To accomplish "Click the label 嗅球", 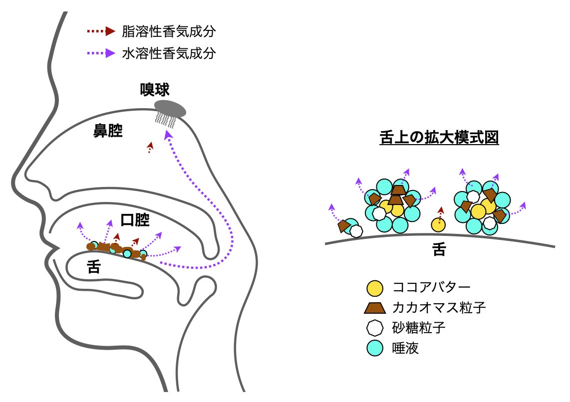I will click(155, 90).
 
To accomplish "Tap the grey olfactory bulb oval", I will click(170, 108).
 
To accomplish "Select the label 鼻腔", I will click(108, 132).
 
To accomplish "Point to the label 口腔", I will click(135, 220).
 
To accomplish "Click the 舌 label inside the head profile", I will click(94, 268).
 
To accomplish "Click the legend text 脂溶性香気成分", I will click(169, 32).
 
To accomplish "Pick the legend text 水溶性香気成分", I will click(169, 53).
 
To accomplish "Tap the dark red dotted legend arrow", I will click(101, 32).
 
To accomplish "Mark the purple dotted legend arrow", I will click(101, 53).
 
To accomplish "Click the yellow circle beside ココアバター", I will click(374, 288).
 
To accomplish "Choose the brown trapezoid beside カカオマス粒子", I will click(374, 308).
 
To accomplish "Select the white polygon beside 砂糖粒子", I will click(374, 328).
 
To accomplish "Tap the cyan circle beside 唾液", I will click(374, 348).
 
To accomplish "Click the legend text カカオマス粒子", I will click(439, 308).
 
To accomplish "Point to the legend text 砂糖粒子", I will click(419, 328).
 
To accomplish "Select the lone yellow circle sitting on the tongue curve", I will click(438, 225).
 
